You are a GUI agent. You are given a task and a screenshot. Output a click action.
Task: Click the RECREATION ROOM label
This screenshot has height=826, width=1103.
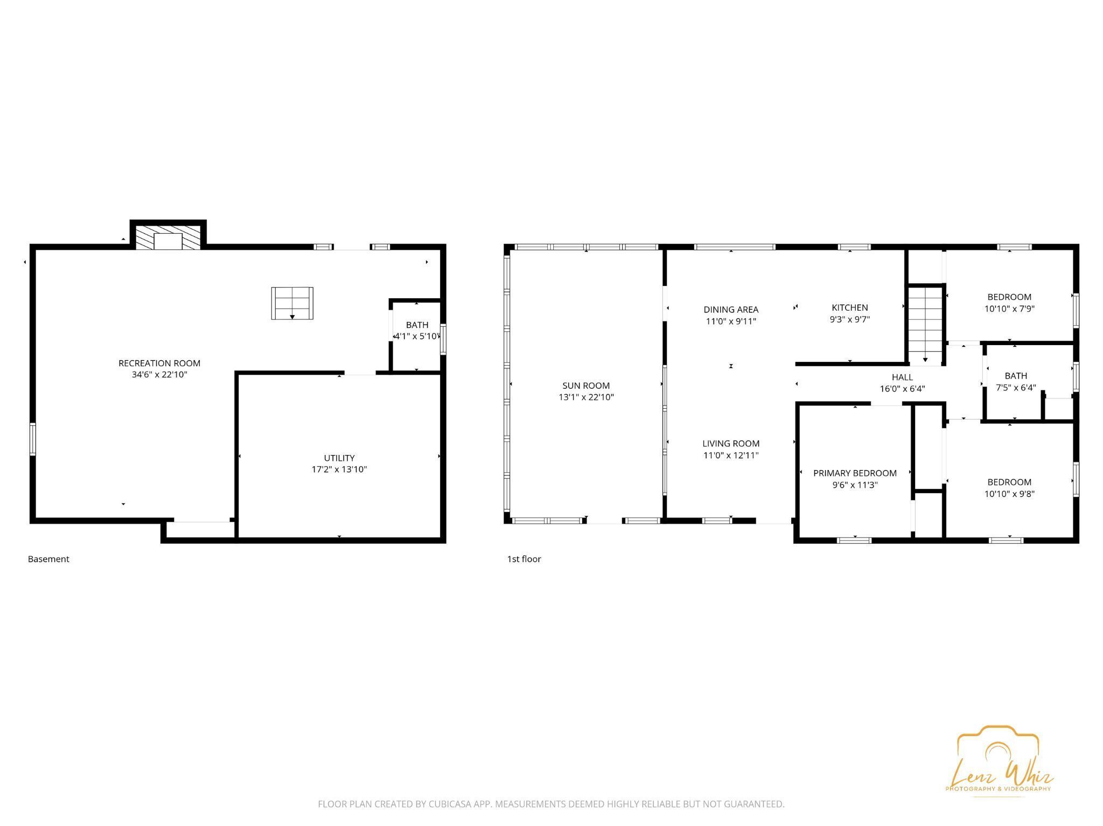159,363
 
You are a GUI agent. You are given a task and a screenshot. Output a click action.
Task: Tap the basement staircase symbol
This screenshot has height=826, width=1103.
292,303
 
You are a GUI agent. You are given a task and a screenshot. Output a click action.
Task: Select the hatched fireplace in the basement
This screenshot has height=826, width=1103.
168,237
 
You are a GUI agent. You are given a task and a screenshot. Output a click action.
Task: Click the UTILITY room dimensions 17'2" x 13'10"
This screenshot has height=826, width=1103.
339,470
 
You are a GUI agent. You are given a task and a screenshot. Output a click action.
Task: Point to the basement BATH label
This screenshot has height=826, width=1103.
417,325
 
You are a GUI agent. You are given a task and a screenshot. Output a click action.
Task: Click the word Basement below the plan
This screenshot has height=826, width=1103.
48,559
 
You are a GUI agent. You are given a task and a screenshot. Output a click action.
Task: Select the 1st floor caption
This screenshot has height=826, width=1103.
523,559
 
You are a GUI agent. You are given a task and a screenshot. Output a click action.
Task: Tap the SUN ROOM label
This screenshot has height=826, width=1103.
586,386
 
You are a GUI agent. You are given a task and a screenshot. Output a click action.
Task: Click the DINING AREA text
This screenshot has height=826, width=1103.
731,310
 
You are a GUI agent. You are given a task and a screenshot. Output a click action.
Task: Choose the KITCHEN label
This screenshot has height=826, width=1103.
849,307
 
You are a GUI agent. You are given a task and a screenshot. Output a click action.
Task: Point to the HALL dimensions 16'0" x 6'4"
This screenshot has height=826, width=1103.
902,389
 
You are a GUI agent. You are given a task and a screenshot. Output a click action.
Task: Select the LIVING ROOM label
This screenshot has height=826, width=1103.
731,444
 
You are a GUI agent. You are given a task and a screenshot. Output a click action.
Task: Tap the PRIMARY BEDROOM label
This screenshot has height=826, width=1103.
855,473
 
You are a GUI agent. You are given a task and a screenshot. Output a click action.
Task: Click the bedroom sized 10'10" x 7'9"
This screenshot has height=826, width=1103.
1009,303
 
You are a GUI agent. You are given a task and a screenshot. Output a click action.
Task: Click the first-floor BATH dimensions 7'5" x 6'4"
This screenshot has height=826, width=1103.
1015,388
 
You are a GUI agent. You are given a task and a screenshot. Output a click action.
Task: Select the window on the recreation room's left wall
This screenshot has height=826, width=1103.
33,439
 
